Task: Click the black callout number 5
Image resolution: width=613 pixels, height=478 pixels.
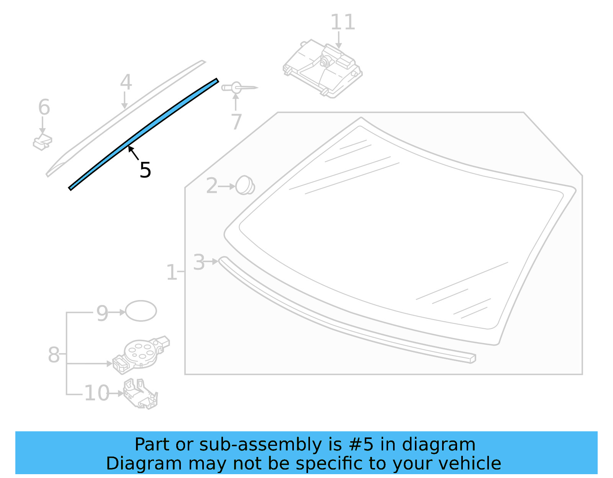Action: coord(145,170)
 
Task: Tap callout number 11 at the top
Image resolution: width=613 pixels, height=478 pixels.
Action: coord(343,22)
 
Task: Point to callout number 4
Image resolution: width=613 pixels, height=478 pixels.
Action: coord(126,82)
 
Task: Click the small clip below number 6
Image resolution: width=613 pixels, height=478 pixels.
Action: coord(43,142)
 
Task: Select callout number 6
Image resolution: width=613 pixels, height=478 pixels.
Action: coord(44,107)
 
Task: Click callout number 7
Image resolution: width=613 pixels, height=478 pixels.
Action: coord(236,122)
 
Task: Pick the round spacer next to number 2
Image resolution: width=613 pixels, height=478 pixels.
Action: coord(245,185)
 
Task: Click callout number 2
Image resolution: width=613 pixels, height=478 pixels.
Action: coord(211,186)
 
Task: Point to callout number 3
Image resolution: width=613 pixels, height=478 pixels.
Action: coord(199,263)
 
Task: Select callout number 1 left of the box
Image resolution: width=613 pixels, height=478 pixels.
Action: coord(171,272)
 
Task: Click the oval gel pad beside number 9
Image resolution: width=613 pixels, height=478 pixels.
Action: coord(141,311)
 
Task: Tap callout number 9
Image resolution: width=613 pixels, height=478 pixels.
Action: coord(102,313)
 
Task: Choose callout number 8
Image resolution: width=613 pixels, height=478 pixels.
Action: coord(54,355)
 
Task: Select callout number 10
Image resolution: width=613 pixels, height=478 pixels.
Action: coord(97,393)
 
